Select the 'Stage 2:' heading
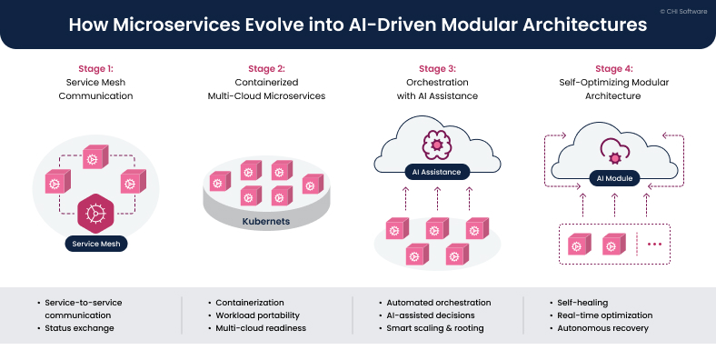[x=266, y=67]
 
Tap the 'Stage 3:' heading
[x=437, y=67]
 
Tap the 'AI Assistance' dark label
[x=437, y=171]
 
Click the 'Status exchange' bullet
[x=79, y=327]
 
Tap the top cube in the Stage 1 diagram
[x=94, y=156]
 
